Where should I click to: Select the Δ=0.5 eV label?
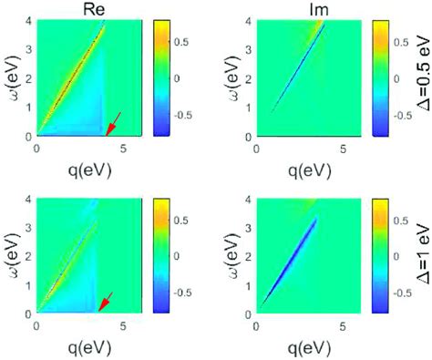pos(420,79)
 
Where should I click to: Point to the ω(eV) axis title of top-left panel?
pos(11,78)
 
